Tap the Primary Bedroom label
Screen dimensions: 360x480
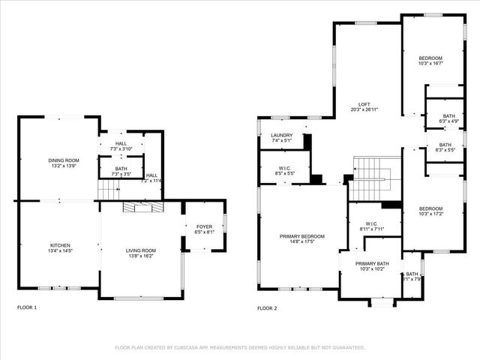click(302, 238)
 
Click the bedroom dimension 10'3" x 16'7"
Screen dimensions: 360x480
click(430, 64)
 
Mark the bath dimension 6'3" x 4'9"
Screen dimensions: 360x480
click(448, 121)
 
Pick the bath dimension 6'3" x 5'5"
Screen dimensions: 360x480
click(445, 150)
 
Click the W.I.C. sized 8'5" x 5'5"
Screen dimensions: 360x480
click(284, 173)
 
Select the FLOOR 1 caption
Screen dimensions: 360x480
click(27, 308)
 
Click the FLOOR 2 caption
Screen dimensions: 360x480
click(267, 308)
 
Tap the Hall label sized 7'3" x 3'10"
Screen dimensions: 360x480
click(121, 145)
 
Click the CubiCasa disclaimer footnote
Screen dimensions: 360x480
click(240, 347)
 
